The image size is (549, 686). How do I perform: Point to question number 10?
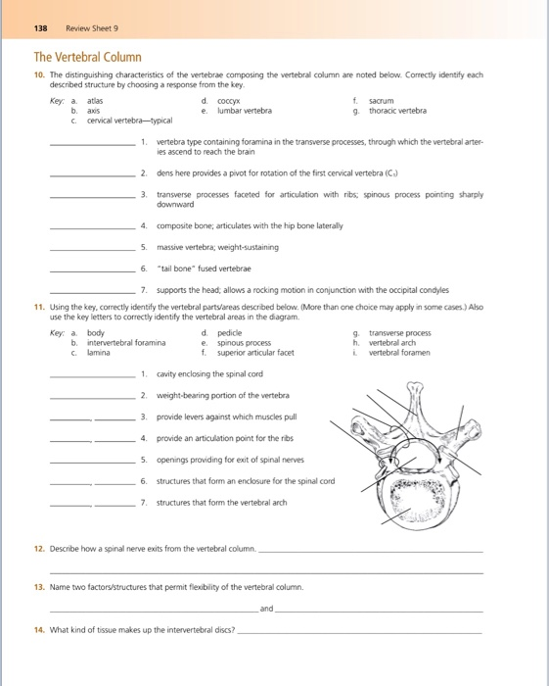(39, 74)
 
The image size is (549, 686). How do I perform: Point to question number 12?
(39, 550)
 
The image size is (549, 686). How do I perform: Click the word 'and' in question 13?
(266, 609)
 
